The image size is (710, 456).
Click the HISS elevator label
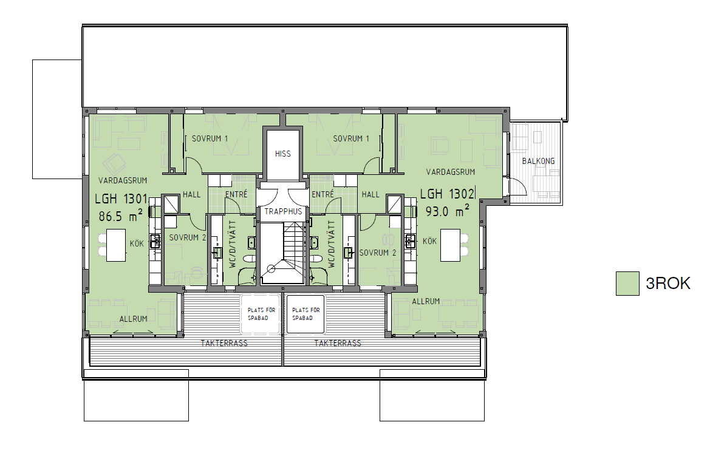(x=282, y=154)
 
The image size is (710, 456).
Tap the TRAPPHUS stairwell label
(x=283, y=211)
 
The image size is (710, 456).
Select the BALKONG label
(x=538, y=161)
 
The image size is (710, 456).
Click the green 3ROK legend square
(x=627, y=284)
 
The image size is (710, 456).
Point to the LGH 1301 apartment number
(x=121, y=199)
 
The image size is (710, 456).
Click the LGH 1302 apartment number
(x=447, y=194)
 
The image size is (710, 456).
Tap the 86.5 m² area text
(x=121, y=216)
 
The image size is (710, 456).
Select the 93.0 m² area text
(x=447, y=211)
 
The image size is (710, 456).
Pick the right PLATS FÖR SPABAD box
(x=306, y=315)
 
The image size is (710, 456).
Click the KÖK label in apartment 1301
(x=137, y=243)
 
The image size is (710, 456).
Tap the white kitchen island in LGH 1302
(x=451, y=245)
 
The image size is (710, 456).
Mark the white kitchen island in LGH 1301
(x=116, y=245)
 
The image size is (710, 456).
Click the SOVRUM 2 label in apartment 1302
(x=378, y=253)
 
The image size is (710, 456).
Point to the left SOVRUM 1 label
(x=210, y=138)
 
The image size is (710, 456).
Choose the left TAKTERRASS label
(x=224, y=343)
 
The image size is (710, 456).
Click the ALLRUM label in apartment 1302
(x=426, y=301)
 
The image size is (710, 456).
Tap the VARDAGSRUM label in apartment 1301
(x=123, y=180)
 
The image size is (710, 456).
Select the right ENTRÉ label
(x=323, y=194)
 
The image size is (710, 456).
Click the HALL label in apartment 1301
(x=191, y=194)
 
